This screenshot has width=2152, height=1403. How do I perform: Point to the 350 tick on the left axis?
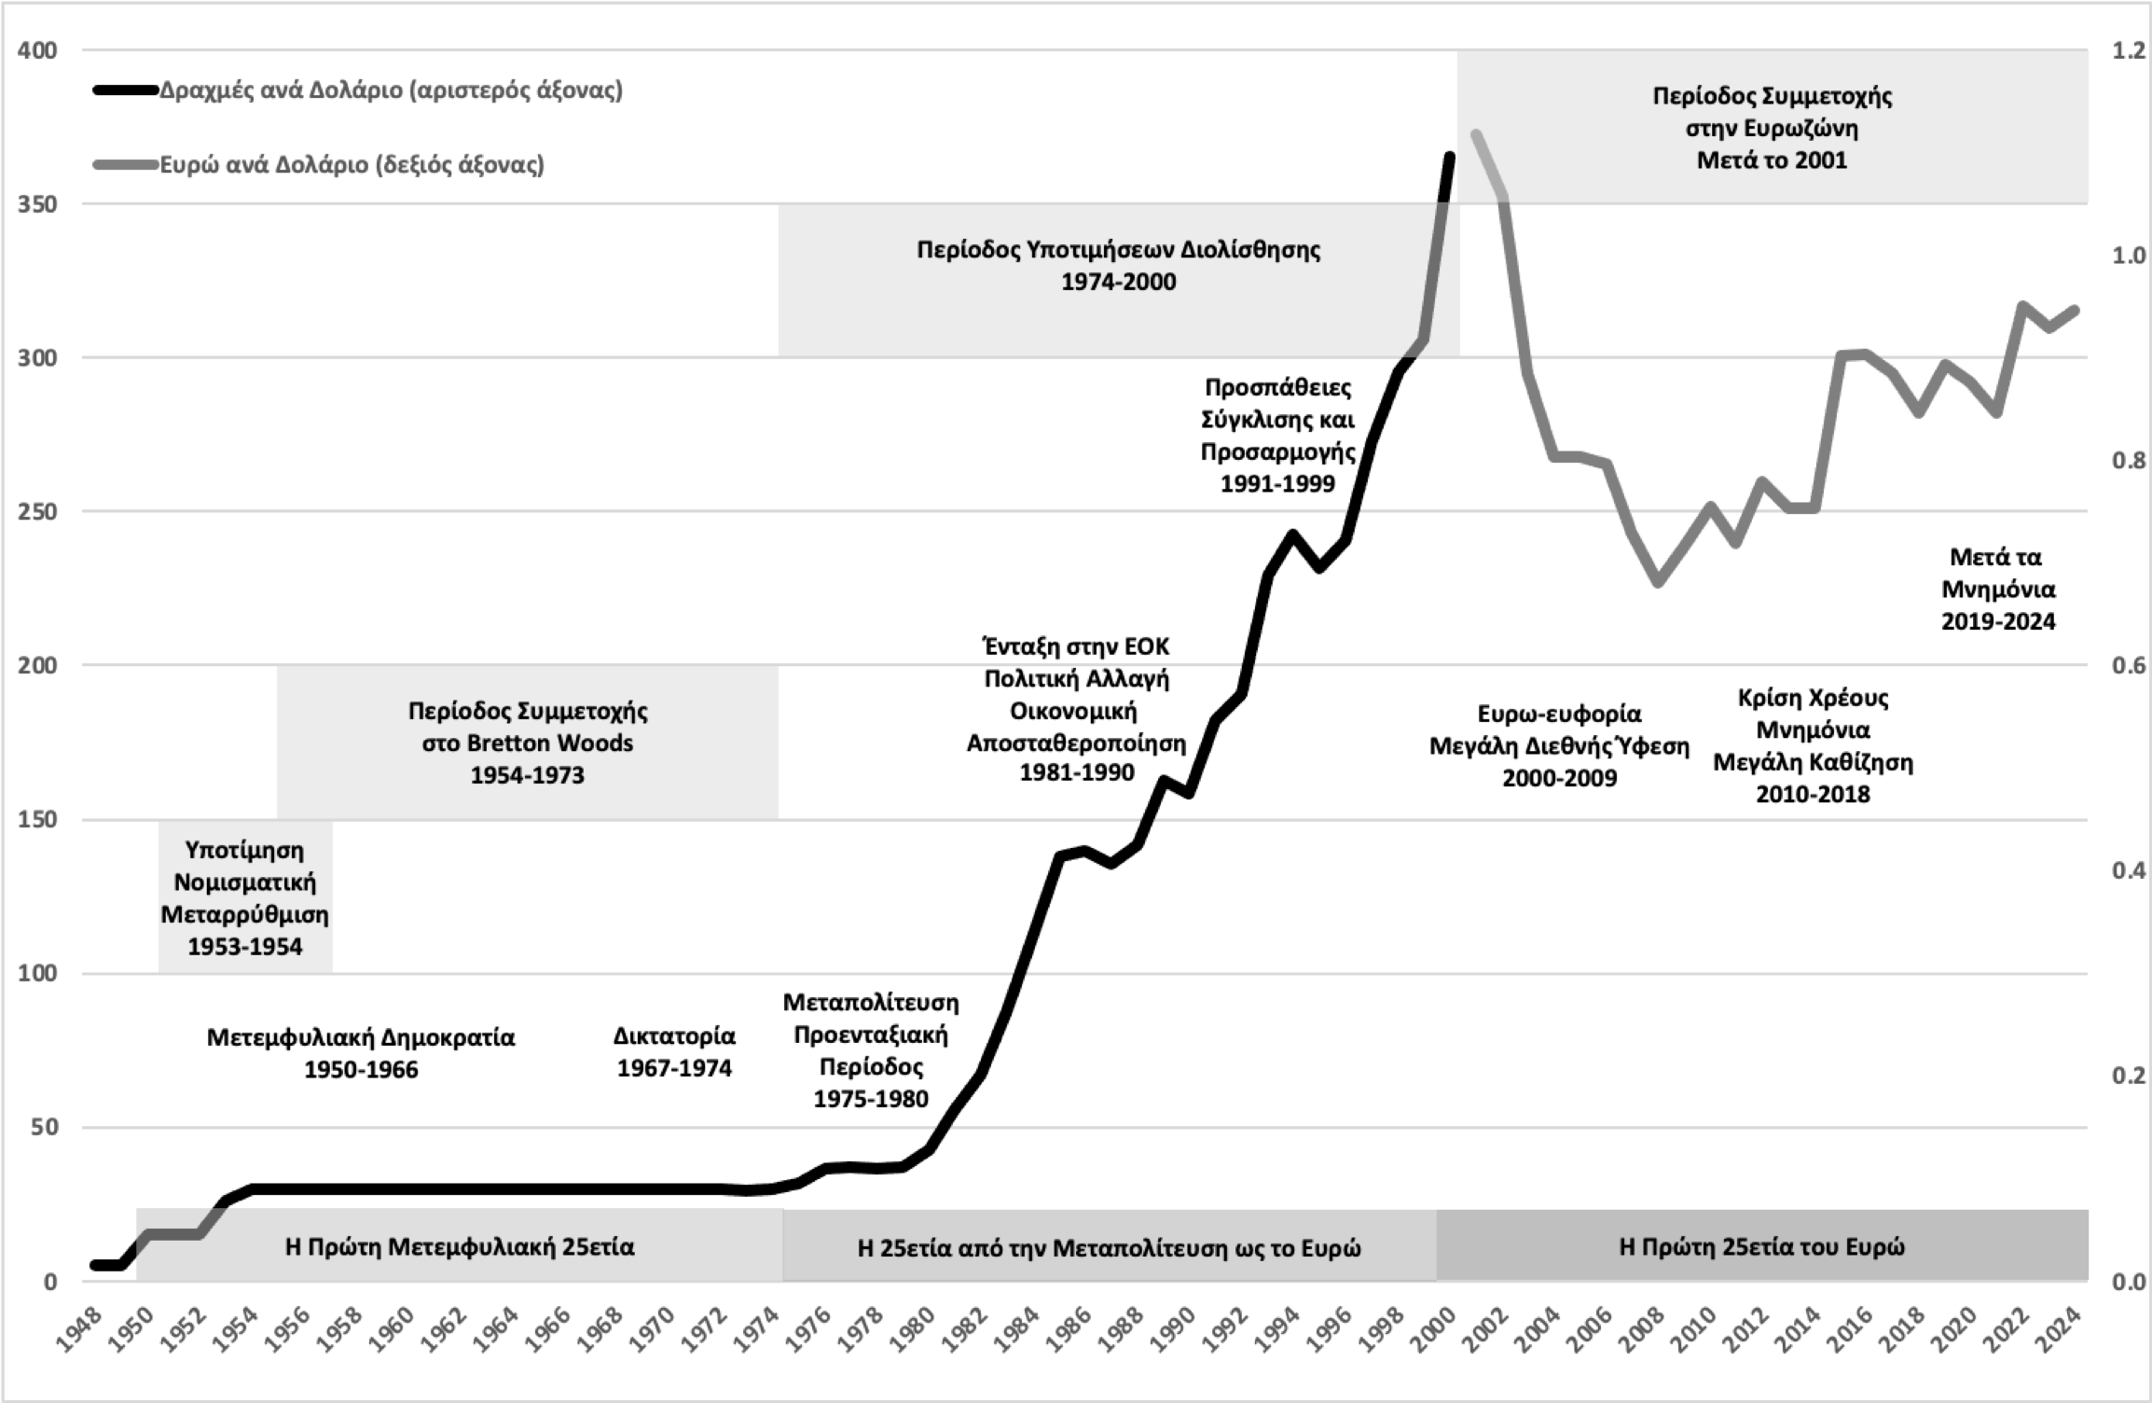[x=37, y=204]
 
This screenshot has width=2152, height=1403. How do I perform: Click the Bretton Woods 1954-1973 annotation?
[x=528, y=743]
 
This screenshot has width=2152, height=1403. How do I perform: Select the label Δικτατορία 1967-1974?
[x=674, y=1051]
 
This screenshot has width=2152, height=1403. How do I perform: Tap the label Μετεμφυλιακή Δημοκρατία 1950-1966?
[x=361, y=1052]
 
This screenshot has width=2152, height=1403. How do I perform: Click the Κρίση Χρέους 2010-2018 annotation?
[x=1813, y=745]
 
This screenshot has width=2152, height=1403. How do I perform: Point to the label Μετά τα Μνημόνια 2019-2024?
[x=1997, y=589]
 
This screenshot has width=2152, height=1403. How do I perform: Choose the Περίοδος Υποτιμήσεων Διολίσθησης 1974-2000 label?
[x=1118, y=265]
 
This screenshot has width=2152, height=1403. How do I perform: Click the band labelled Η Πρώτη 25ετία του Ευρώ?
[x=1761, y=1246]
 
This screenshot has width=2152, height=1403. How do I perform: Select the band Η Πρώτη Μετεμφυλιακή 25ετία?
[x=460, y=1246]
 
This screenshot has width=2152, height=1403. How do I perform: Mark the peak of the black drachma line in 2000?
[x=1450, y=156]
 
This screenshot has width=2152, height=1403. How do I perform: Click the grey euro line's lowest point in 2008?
[x=1658, y=583]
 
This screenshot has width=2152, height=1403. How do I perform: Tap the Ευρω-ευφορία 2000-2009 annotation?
[x=1559, y=745]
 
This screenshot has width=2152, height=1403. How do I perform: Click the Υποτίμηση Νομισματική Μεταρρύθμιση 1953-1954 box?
[x=245, y=897]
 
